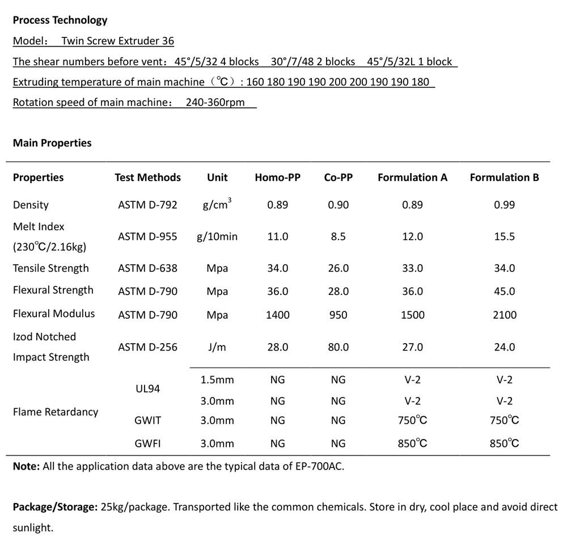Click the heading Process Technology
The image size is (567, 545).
tap(60, 20)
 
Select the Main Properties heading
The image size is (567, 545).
tap(52, 143)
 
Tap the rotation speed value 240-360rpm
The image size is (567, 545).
tap(215, 103)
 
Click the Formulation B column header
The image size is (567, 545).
tap(504, 178)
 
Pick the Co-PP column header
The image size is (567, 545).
tap(338, 178)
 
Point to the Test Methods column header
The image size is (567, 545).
tap(147, 178)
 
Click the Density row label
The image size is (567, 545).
tap(31, 205)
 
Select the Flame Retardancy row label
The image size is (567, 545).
tap(55, 412)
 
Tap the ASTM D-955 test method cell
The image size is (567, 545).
tap(147, 236)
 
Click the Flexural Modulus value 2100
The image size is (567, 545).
tap(504, 315)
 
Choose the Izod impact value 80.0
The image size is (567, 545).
tap(338, 347)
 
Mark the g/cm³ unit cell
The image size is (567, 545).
tap(215, 204)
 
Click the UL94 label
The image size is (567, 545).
tap(147, 389)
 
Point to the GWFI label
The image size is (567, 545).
tap(147, 444)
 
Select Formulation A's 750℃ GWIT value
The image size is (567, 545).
tap(412, 420)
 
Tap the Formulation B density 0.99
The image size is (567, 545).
tap(504, 205)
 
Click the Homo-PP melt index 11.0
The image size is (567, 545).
tap(277, 236)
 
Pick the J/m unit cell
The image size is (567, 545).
tap(217, 347)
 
